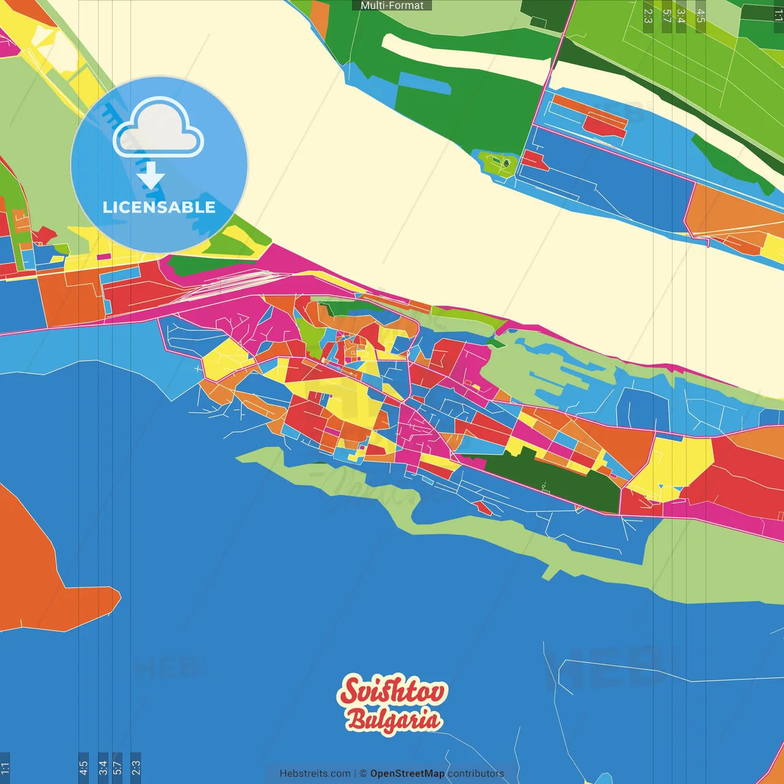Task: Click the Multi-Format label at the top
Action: (392, 6)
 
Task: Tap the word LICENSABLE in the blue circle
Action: (159, 207)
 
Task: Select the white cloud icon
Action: (159, 129)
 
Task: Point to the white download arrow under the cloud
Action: (151, 176)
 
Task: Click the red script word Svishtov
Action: (393, 690)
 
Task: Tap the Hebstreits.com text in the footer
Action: (315, 774)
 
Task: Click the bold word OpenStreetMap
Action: (407, 774)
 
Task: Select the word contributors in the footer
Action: (475, 774)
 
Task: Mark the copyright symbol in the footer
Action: (363, 774)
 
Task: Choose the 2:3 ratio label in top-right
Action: (648, 16)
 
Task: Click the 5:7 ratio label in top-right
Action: (666, 16)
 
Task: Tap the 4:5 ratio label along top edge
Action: (701, 16)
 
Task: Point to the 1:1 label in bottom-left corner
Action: (5, 768)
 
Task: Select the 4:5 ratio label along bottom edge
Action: (83, 768)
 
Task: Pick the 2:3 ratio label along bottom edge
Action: (136, 768)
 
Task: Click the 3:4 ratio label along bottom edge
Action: (102, 768)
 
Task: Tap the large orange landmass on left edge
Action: (37, 570)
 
